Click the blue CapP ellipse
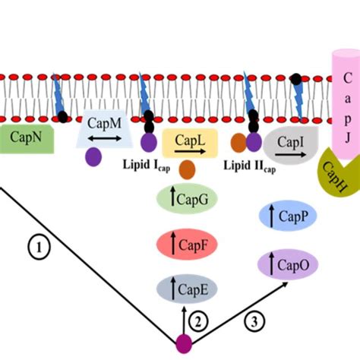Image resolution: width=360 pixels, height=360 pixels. [x=283, y=217]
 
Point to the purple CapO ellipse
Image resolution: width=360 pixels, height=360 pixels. [x=283, y=264]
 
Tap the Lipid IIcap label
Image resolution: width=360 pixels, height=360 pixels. [x=245, y=165]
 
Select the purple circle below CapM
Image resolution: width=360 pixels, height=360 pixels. [x=94, y=156]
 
